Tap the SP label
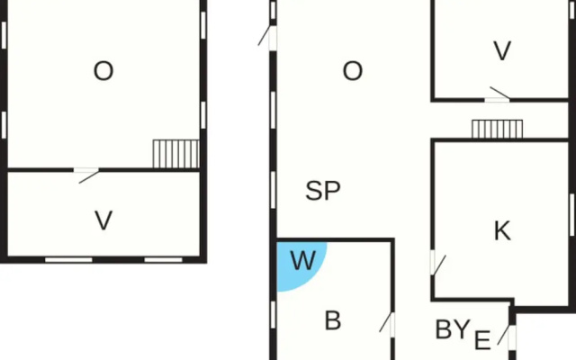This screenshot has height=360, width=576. (x=323, y=191)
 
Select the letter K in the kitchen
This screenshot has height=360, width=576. (x=502, y=230)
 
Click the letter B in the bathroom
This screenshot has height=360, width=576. (x=333, y=320)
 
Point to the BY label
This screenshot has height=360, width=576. (x=452, y=329)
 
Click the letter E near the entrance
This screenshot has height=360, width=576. (x=482, y=340)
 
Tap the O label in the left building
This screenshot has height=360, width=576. (x=103, y=71)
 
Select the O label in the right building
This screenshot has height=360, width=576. (x=352, y=71)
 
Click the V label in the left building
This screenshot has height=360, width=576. (x=103, y=220)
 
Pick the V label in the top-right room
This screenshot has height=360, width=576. (x=502, y=50)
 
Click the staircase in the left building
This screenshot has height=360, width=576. (x=176, y=154)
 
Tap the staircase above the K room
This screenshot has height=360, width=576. (x=497, y=129)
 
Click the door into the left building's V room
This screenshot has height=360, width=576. (x=86, y=175)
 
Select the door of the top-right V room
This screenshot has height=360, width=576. (x=498, y=94)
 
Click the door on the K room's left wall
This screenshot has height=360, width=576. (x=436, y=263)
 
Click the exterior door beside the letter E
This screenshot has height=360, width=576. (x=508, y=335)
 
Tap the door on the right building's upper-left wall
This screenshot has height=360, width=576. (x=268, y=37)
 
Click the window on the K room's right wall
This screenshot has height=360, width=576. (x=572, y=215)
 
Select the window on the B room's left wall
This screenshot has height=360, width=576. (x=273, y=314)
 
